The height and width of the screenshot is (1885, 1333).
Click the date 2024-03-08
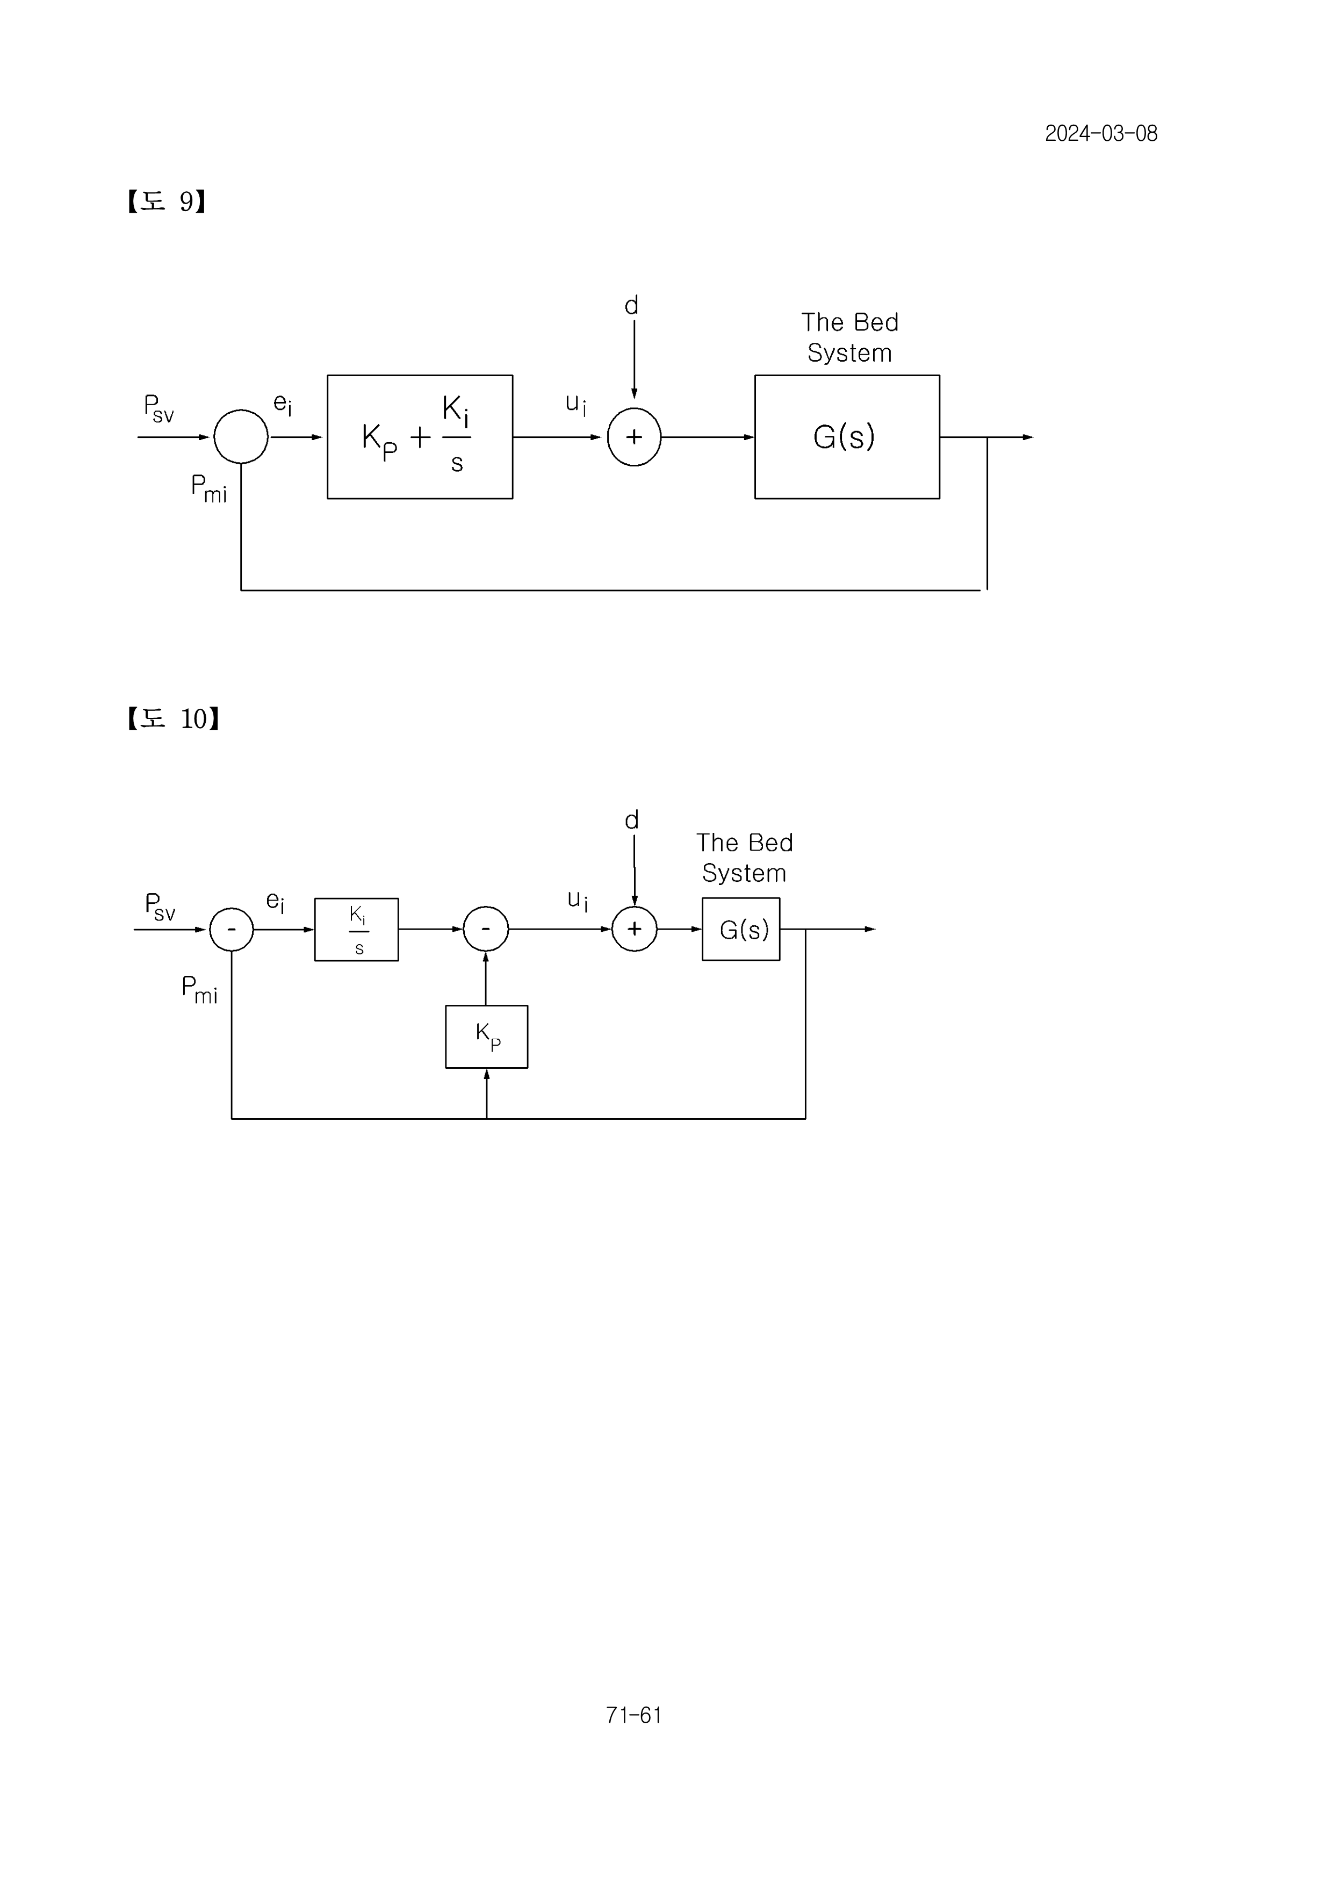[1101, 134]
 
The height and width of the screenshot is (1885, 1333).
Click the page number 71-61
[633, 1715]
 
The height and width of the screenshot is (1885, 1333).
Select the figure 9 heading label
[166, 201]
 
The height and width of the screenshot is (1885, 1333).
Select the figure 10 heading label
[172, 718]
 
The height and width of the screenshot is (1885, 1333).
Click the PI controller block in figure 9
[420, 437]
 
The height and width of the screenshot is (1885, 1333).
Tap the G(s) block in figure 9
[847, 437]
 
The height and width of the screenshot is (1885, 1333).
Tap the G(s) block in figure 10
[741, 930]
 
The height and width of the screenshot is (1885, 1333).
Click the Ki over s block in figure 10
[356, 930]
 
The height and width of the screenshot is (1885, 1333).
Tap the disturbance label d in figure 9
[631, 305]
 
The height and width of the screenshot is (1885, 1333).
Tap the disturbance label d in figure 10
[631, 820]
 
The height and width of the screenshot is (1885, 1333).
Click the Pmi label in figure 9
[208, 488]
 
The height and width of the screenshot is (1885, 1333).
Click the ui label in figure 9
[576, 405]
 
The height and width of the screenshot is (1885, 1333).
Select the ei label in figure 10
[275, 902]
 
